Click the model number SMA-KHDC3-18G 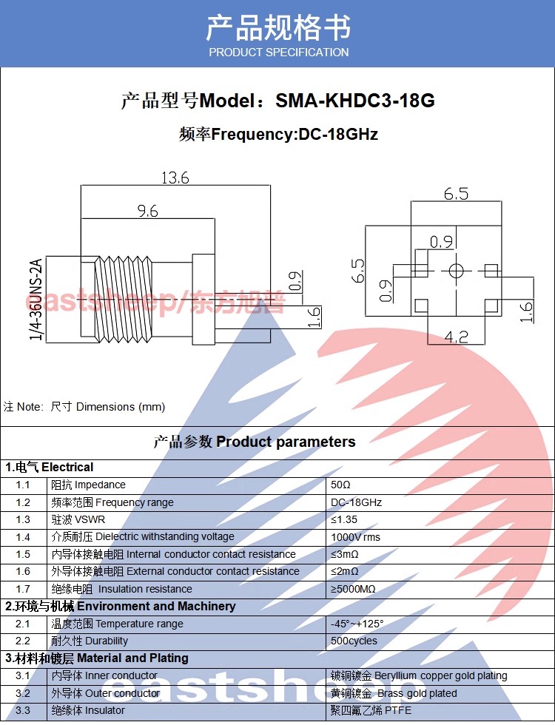pos(354,101)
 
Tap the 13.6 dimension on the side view pos(175,178)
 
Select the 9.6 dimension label pos(147,211)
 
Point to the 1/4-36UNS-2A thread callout pos(35,300)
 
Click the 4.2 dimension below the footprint pos(456,337)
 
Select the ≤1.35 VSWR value pos(344,520)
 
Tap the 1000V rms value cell pos(355,537)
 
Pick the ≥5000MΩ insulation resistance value pos(353,589)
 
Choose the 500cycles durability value pos(354,641)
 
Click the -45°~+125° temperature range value pos(357,624)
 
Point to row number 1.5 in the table pos(23,554)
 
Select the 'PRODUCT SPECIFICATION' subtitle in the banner pos(278,53)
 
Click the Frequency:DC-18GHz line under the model pos(278,135)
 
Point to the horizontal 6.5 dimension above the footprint pos(456,193)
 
